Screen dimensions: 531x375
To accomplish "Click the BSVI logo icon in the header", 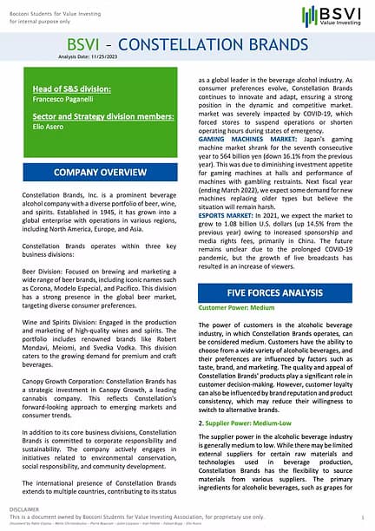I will pyautogui.click(x=308, y=16).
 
